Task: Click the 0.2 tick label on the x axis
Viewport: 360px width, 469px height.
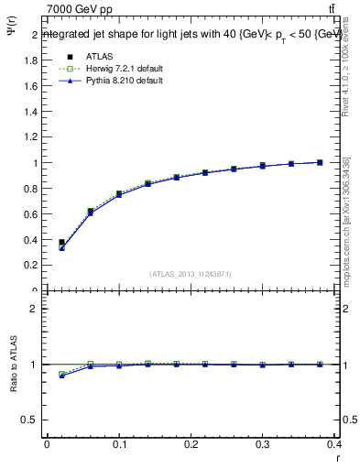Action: (191, 446)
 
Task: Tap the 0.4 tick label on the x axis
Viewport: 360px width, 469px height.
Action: (334, 446)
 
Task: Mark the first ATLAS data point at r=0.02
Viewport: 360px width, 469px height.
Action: (61, 243)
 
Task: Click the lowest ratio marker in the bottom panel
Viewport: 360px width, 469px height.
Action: (61, 376)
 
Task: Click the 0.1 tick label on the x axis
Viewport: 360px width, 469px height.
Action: (119, 446)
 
